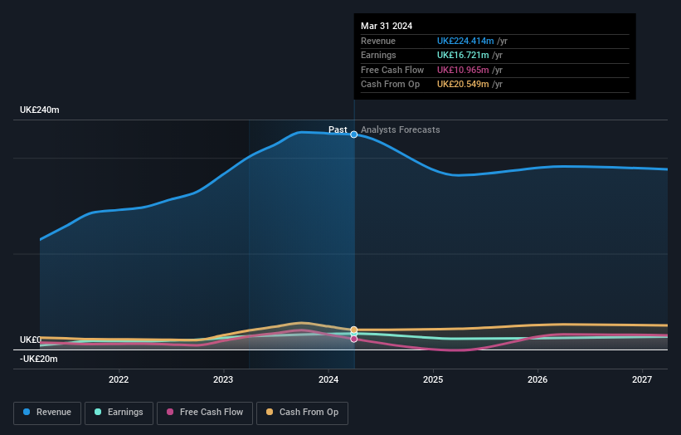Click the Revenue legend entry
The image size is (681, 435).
click(x=47, y=413)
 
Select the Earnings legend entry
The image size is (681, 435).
click(x=119, y=413)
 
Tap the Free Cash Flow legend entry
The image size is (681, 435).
click(x=204, y=413)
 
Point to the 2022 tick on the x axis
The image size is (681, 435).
click(x=119, y=380)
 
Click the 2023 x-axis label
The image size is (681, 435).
click(x=223, y=380)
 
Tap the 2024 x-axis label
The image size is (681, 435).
click(x=328, y=380)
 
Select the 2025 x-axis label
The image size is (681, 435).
click(x=432, y=380)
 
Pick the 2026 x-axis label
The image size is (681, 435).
click(x=537, y=380)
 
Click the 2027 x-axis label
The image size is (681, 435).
click(x=641, y=380)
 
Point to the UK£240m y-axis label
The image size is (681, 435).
click(x=40, y=110)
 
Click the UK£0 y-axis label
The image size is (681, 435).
click(x=31, y=340)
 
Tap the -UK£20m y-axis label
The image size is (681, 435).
click(x=39, y=359)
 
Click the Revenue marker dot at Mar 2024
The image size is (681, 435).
click(x=354, y=134)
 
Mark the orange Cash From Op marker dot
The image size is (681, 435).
click(x=354, y=330)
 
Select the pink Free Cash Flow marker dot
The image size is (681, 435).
click(x=354, y=339)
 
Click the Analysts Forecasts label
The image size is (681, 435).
click(x=401, y=130)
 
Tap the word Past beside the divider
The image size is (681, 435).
click(x=338, y=130)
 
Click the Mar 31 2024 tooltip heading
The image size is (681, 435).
click(x=387, y=27)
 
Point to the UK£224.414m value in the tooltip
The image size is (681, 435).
click(x=465, y=42)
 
